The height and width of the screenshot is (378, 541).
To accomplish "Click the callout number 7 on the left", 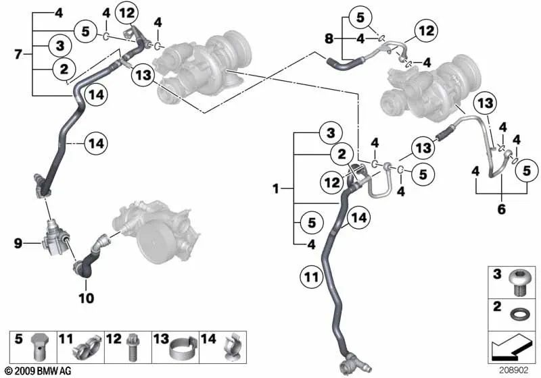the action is [18, 54].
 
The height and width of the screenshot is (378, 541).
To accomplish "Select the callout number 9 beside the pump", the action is [18, 244].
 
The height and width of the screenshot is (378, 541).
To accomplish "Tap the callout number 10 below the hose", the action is [87, 298].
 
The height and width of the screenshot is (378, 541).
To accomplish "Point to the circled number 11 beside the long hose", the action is [312, 277].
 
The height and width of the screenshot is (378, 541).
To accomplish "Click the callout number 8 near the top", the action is [329, 38].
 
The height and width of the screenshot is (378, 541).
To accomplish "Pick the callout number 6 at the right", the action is [501, 209].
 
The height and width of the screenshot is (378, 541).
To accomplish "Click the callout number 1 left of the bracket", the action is [275, 188].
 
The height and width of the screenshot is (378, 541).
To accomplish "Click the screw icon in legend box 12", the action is [132, 347].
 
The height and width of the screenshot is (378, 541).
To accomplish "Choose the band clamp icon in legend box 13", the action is [183, 348].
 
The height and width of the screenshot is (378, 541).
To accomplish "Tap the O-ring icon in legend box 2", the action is [518, 315].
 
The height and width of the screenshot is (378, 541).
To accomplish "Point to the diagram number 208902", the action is [513, 370].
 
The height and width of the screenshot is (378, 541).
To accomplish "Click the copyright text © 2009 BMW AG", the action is [39, 371].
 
